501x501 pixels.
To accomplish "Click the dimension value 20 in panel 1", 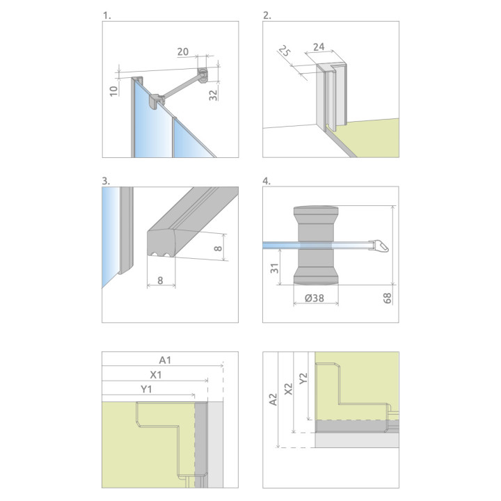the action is click(x=183, y=51).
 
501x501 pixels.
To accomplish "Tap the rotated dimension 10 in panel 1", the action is click(x=113, y=90).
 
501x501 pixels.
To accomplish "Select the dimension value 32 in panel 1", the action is click(x=213, y=95).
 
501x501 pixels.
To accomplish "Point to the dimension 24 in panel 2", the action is click(x=319, y=47).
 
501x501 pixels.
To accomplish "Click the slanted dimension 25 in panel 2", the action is click(x=284, y=51).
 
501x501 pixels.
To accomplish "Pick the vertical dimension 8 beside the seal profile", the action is click(x=218, y=248).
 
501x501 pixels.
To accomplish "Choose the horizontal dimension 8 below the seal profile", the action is click(x=161, y=280).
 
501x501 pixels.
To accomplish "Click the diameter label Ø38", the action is click(x=315, y=298).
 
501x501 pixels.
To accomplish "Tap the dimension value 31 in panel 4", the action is click(x=274, y=268).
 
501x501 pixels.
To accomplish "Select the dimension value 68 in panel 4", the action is click(x=387, y=298).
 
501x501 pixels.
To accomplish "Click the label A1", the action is click(x=165, y=360).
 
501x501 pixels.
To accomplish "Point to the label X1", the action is click(x=156, y=375).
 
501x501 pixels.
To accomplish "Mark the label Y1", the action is click(x=146, y=389).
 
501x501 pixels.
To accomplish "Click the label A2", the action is click(x=273, y=399).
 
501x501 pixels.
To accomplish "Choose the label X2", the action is click(x=288, y=389).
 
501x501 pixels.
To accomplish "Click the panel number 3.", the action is click(x=106, y=181).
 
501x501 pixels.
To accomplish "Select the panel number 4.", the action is click(x=267, y=181).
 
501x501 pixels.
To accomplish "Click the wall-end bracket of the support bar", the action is click(x=202, y=74).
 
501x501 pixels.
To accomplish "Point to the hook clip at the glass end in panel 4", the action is click(x=379, y=246).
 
